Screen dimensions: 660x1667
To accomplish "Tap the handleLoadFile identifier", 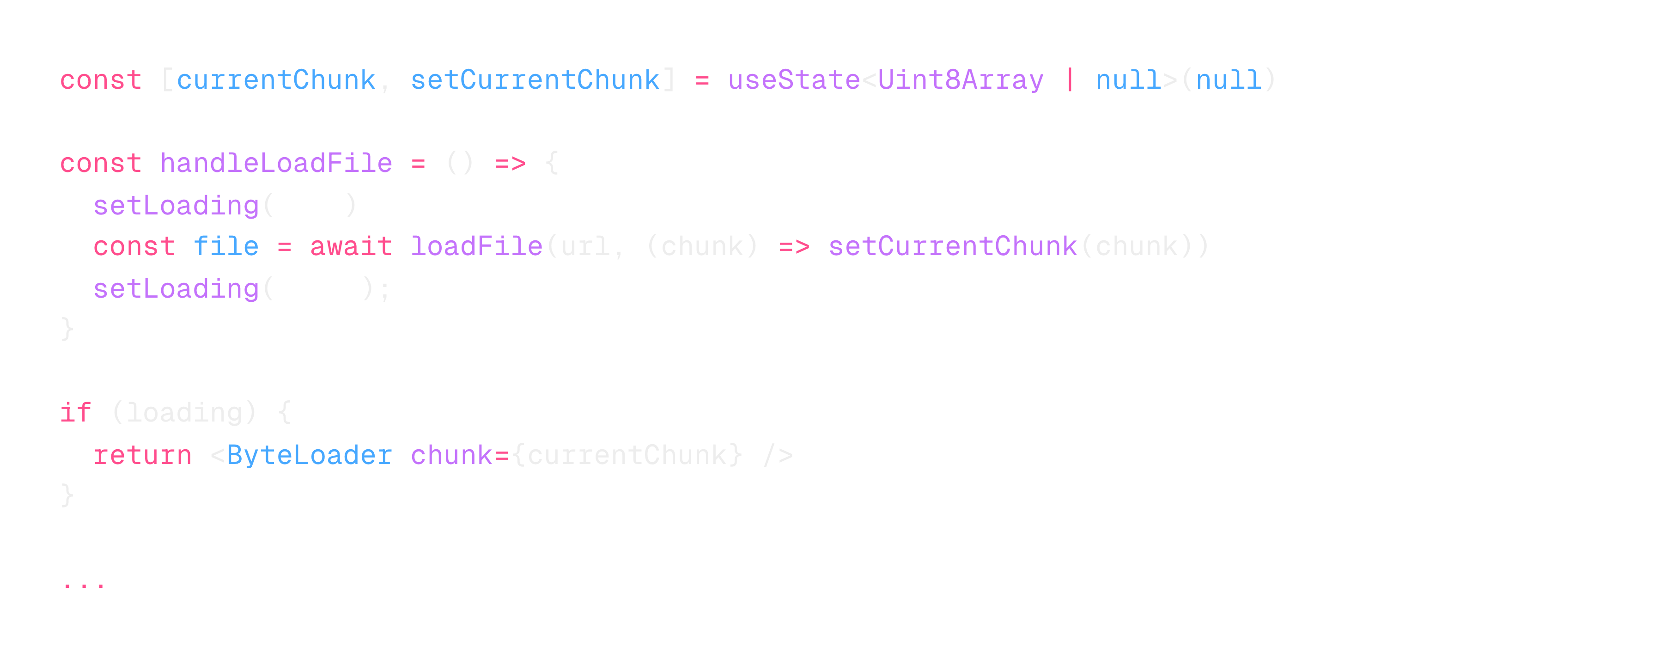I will click(x=276, y=163).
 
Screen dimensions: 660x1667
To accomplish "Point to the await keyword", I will click(x=351, y=246).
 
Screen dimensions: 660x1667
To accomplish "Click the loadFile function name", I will click(x=476, y=246).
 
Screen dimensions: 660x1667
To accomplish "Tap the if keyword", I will click(x=75, y=413).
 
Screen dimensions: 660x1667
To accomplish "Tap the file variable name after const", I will click(x=226, y=246).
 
